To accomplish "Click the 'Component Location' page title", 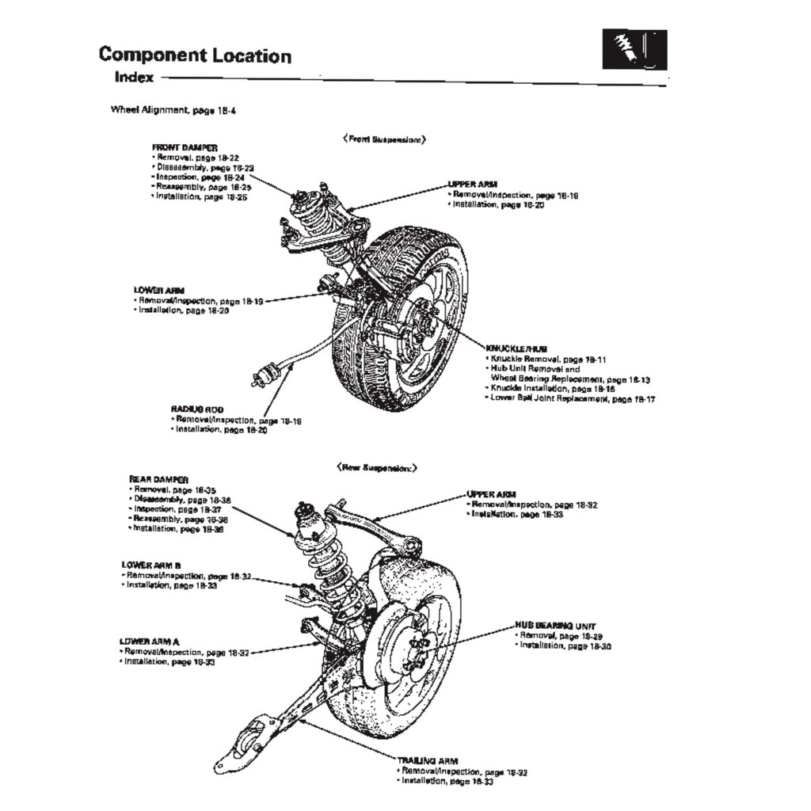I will (x=195, y=55).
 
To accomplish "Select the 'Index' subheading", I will (x=134, y=78).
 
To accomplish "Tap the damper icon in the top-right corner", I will (x=634, y=50).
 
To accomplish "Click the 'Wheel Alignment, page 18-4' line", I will (x=173, y=111).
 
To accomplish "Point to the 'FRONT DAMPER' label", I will (x=185, y=147).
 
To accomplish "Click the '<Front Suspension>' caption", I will (x=385, y=139).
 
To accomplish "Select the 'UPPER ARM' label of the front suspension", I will (x=473, y=185).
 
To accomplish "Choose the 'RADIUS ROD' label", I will (x=197, y=409).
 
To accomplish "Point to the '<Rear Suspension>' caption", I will (x=377, y=468).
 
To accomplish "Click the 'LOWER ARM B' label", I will (x=151, y=565).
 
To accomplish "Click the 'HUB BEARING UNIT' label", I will (x=555, y=626).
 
